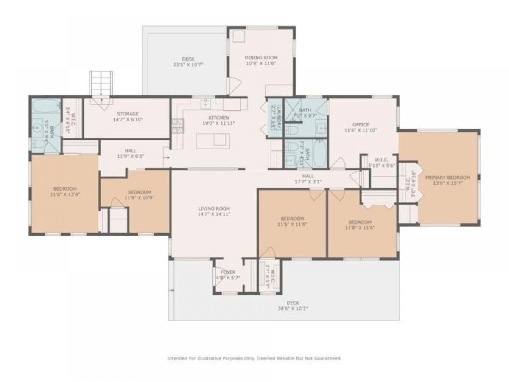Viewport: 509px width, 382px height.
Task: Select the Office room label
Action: [x=360, y=125]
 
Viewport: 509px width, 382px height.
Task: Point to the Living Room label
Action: [x=214, y=208]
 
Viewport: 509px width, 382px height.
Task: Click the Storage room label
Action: [x=128, y=114]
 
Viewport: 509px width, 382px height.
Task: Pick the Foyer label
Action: [x=228, y=272]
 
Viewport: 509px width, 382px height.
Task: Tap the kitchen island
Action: [x=213, y=140]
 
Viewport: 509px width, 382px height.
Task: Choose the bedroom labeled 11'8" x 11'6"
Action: [x=360, y=225]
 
